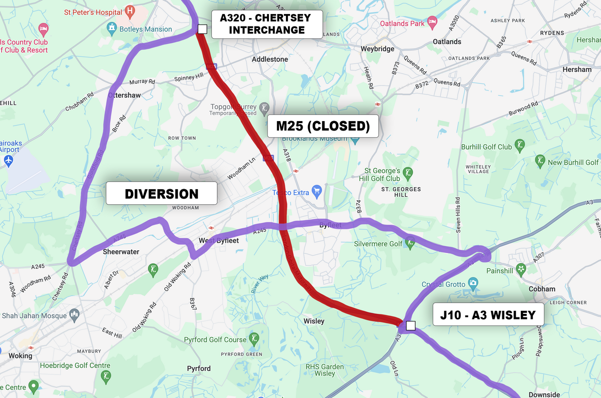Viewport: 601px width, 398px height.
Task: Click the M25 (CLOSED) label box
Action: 323,126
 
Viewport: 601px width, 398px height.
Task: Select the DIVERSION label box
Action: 161,193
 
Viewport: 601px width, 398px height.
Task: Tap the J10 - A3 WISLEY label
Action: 487,315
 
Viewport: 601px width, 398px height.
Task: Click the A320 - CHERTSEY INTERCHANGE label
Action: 266,24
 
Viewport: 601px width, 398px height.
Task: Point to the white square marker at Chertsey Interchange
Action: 202,29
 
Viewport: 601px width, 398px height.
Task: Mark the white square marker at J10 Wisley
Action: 411,326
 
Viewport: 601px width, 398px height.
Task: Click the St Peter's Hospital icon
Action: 130,11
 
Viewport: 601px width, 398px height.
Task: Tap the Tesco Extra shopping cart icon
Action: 316,190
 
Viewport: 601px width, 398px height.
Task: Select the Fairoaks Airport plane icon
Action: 8,160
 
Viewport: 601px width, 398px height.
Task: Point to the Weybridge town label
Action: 378,49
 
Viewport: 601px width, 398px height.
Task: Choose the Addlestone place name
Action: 270,59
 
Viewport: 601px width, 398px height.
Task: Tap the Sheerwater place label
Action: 121,252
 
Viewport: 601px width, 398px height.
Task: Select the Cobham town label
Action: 542,289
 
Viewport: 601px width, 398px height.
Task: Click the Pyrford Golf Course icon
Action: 255,337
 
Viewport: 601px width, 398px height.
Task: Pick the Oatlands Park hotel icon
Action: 432,23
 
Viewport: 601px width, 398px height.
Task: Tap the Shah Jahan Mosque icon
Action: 75,315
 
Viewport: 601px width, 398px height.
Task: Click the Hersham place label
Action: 577,69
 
